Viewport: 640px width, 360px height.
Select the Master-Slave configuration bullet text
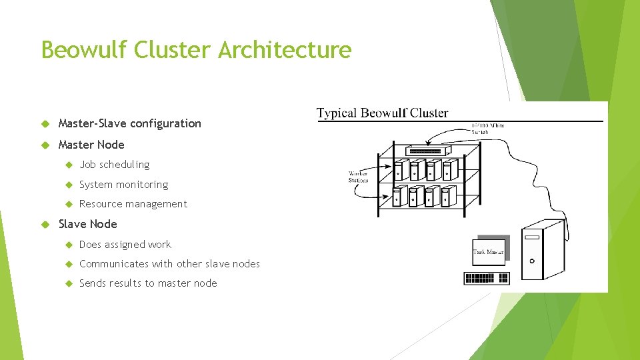[129, 123]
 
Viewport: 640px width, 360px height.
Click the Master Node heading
[91, 145]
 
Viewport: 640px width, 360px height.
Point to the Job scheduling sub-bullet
[114, 165]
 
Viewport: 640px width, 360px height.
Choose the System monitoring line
[123, 185]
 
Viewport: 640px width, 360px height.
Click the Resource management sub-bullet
[133, 204]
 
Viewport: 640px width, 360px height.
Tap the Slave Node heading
[87, 224]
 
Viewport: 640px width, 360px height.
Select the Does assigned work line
[125, 245]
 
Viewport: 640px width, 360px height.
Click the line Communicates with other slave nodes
[169, 264]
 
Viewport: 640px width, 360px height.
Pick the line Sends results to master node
[148, 283]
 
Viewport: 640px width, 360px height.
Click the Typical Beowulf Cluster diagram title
[382, 113]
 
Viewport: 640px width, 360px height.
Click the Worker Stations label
[358, 177]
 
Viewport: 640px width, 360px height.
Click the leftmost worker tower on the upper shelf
[400, 170]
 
